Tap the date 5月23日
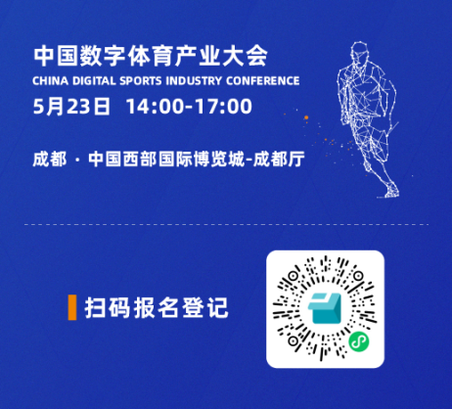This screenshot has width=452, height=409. coord(71,107)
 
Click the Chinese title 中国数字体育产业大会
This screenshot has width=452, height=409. coord(151,56)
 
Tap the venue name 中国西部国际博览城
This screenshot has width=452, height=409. coord(166,159)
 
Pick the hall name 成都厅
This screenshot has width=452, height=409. coord(279,159)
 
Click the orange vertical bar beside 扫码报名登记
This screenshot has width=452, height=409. coord(72,307)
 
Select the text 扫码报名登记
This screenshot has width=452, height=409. coord(157,307)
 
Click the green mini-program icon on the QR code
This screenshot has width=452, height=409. coord(359,341)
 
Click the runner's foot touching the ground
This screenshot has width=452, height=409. coord(389,192)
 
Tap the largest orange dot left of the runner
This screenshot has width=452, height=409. coord(306,117)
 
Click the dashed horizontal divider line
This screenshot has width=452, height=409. coord(226,224)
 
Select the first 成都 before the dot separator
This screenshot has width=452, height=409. coord(50,159)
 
